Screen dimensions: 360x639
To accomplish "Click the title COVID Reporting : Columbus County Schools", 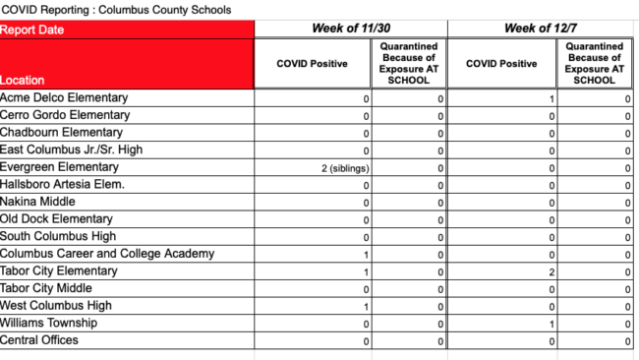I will [117, 10].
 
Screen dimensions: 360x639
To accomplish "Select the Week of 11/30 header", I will [350, 29].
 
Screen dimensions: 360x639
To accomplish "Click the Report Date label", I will [32, 30].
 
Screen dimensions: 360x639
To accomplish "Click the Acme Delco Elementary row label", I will [64, 98].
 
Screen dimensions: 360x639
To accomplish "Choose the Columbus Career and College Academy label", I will [107, 254].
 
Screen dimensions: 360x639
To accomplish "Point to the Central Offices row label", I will [39, 340].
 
